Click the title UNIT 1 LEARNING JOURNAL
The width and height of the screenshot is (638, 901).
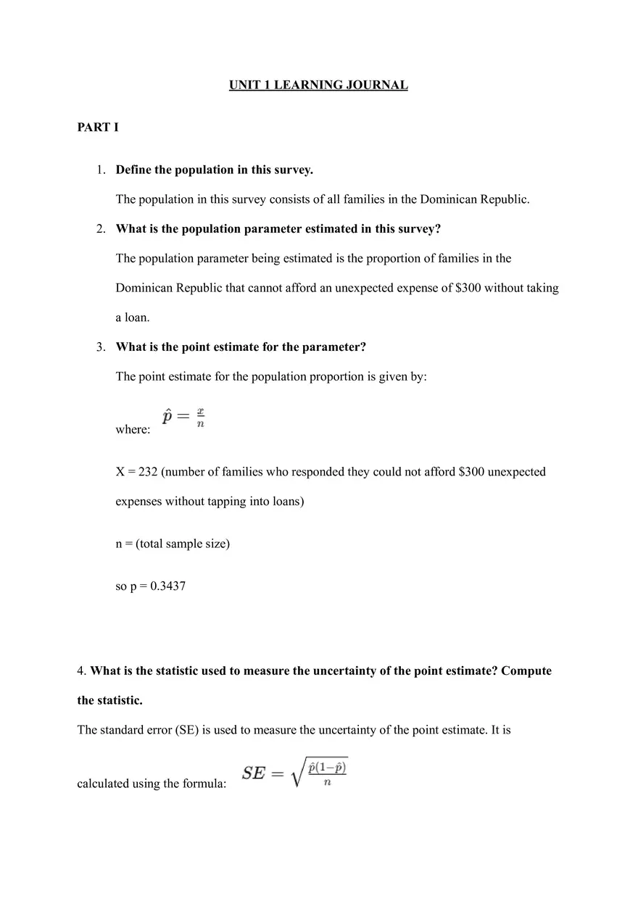pyautogui.click(x=318, y=86)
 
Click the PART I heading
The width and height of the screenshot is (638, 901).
pyautogui.click(x=98, y=128)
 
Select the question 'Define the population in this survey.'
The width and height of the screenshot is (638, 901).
pyautogui.click(x=214, y=170)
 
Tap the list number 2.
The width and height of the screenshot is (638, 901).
pyautogui.click(x=101, y=229)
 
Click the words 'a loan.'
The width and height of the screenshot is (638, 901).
pyautogui.click(x=132, y=317)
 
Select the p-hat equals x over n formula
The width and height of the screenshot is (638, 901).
pyautogui.click(x=184, y=418)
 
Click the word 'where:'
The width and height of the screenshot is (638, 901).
pyautogui.click(x=133, y=430)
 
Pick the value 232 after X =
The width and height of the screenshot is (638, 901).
pyautogui.click(x=148, y=472)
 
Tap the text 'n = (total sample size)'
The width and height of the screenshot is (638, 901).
pyautogui.click(x=173, y=544)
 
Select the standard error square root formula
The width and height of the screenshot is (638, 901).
pyautogui.click(x=295, y=773)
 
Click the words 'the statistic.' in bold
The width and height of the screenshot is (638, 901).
pyautogui.click(x=109, y=700)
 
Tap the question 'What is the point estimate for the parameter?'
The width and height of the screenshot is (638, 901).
pyautogui.click(x=241, y=347)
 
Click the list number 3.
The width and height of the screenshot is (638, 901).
pyautogui.click(x=101, y=347)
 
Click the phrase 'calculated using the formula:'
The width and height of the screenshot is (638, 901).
pyautogui.click(x=151, y=784)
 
